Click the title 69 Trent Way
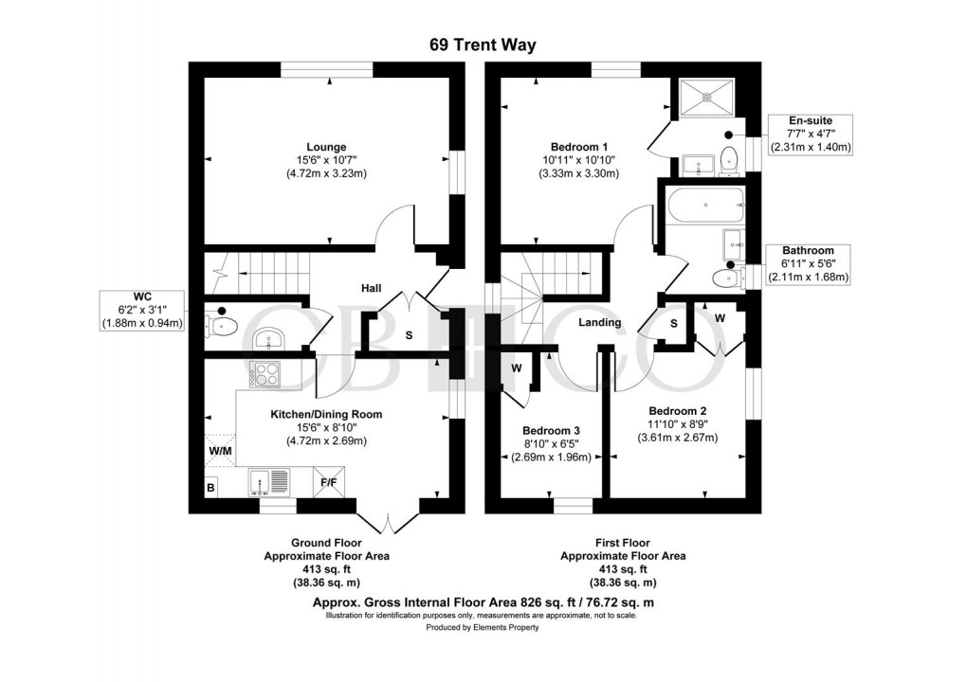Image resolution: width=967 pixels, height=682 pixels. (x=483, y=45)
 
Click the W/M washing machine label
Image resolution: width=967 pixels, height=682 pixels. (x=220, y=452)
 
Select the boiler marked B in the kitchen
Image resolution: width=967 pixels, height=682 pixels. (x=210, y=488)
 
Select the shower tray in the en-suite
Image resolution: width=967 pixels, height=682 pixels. (x=707, y=94)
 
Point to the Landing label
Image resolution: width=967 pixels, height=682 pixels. (x=599, y=322)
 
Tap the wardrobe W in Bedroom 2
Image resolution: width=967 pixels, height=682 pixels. (x=720, y=318)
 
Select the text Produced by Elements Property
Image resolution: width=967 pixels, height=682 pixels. (x=483, y=627)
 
